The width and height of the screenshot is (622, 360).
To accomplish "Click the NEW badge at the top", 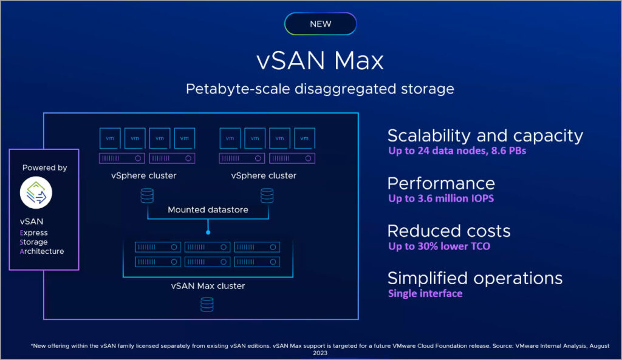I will tap(320, 24).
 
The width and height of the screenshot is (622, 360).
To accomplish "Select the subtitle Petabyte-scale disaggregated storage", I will tap(320, 89).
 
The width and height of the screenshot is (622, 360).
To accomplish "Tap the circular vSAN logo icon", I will tap(36, 193).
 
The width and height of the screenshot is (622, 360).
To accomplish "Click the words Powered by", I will tap(44, 168).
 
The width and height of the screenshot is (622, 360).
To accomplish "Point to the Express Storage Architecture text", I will tap(43, 242).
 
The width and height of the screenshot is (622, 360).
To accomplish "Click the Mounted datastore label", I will tap(208, 210).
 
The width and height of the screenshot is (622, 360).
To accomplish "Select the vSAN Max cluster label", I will tap(208, 285).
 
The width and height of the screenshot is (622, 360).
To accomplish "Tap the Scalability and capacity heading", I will tap(485, 135).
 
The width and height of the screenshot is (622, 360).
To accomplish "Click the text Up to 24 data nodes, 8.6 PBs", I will tap(457, 151).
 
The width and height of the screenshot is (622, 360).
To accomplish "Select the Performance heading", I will tap(441, 183).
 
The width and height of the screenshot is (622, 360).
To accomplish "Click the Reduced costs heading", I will tap(449, 231).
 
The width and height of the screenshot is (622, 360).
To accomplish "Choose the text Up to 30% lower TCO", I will tap(439, 246).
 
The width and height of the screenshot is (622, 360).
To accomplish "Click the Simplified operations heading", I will tap(475, 278).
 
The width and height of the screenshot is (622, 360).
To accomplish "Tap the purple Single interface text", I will tap(425, 294).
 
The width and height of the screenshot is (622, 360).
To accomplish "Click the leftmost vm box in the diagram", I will tap(110, 138).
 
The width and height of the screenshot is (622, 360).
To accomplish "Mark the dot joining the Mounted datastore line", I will tap(208, 231).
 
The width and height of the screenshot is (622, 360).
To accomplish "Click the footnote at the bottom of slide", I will tap(320, 348).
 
